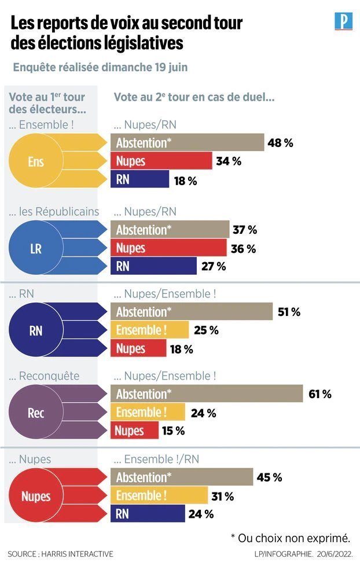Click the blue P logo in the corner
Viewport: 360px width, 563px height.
(x=343, y=21)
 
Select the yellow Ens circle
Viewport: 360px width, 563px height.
(x=36, y=161)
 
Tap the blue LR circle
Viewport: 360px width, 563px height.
(x=36, y=248)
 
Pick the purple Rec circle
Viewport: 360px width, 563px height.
(x=36, y=413)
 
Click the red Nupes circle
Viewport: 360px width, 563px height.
(x=36, y=496)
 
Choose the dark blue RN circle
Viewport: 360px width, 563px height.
(x=36, y=331)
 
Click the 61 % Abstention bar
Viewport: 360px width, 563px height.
(x=207, y=394)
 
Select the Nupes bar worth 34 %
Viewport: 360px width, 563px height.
(x=161, y=161)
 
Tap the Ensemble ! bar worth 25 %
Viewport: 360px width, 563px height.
(x=149, y=330)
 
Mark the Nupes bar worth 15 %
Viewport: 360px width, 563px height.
(x=134, y=430)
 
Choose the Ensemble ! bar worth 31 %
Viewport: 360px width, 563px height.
(x=159, y=495)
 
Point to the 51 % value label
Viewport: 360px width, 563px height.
(x=289, y=312)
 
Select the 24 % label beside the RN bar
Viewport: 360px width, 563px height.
(x=201, y=514)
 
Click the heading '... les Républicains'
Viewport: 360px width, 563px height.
(x=54, y=211)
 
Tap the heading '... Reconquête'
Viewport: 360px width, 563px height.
(x=44, y=376)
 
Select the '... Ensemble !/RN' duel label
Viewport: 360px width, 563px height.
(x=156, y=459)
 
